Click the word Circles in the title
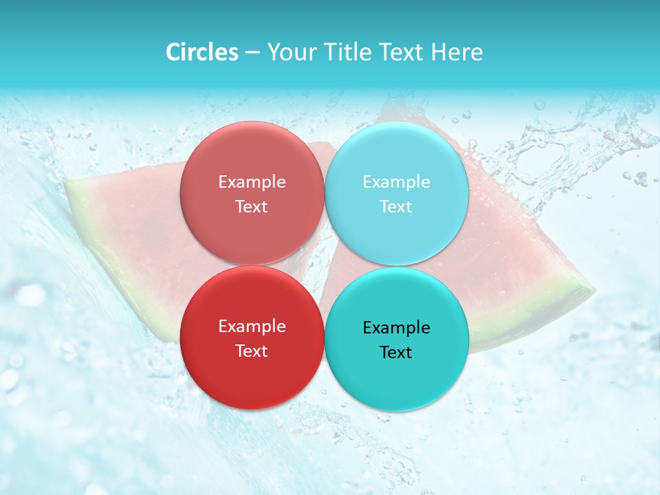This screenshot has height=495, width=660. [201, 52]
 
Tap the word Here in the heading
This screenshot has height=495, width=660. [457, 52]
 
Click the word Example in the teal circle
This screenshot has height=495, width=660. [396, 328]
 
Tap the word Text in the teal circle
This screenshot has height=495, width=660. [396, 353]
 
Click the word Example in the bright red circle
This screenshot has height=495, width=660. [252, 327]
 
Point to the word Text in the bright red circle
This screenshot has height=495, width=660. [252, 351]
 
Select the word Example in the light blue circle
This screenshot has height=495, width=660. [396, 182]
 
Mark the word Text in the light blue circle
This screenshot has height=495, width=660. [396, 207]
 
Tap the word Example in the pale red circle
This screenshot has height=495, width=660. [252, 182]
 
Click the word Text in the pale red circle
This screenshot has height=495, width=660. [252, 207]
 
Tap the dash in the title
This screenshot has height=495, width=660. [252, 52]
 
